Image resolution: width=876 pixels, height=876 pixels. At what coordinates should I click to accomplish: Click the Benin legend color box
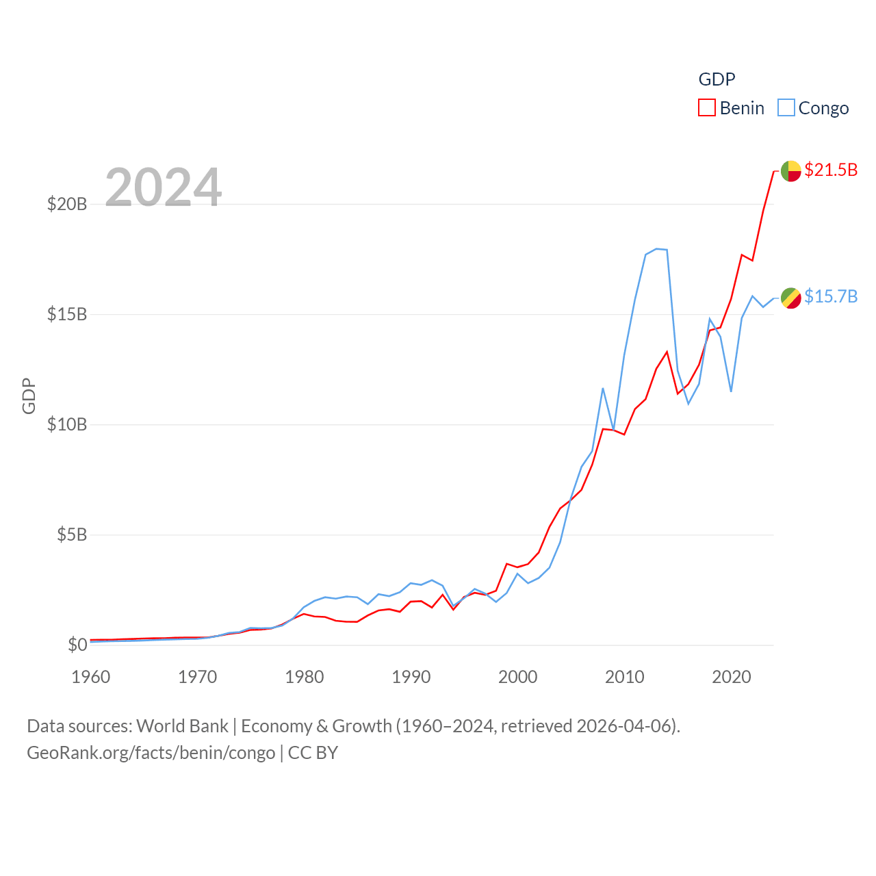point(707,108)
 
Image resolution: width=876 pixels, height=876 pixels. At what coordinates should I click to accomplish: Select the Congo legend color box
point(786,108)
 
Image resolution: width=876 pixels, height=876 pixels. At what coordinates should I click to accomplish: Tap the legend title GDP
point(717,79)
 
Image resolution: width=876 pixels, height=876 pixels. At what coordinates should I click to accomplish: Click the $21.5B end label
point(831,170)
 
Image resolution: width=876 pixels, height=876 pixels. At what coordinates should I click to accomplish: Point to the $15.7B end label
point(831,296)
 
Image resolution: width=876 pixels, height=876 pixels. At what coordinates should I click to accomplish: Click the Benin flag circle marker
point(791,171)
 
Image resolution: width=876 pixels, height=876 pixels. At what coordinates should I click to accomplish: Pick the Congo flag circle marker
point(791,298)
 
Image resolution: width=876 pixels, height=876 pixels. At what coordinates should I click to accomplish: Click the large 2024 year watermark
point(163,188)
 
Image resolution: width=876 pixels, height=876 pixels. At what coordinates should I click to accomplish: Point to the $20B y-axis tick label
point(67,204)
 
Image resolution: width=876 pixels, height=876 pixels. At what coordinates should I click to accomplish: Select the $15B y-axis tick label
point(67,314)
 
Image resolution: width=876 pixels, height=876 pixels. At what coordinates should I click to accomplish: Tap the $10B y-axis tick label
point(67,424)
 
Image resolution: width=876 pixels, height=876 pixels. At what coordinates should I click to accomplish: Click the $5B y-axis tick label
point(72,534)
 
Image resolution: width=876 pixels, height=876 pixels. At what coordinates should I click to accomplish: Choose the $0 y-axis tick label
point(77,645)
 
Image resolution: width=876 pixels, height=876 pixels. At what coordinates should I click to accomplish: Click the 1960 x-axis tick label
point(91,677)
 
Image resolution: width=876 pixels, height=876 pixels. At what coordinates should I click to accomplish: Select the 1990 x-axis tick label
point(411,677)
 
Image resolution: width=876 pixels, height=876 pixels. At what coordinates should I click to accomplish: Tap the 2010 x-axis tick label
point(625,677)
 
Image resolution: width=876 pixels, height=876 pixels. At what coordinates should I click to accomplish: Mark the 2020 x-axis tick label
point(732,677)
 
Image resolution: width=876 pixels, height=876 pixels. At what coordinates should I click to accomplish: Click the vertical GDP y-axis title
point(29,396)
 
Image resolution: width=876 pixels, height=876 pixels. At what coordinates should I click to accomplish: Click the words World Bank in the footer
point(182,726)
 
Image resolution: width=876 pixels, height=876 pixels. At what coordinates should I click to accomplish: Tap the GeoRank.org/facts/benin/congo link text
point(151,753)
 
